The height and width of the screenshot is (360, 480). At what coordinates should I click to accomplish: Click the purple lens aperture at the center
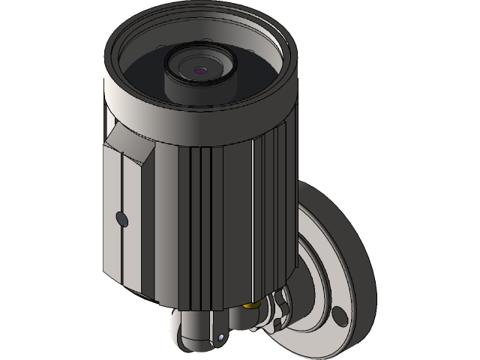200,70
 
